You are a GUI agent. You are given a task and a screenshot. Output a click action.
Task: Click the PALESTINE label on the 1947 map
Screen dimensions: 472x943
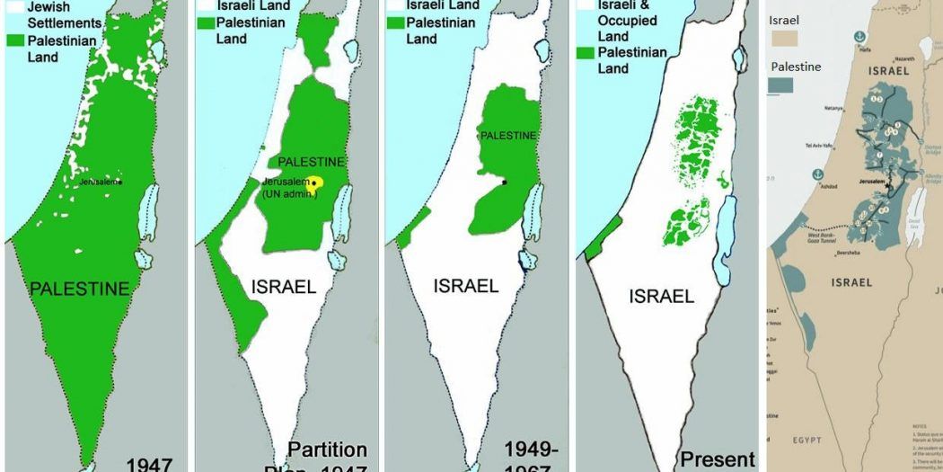tap(79, 289)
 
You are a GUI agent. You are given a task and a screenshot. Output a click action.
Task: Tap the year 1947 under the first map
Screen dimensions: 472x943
tap(148, 464)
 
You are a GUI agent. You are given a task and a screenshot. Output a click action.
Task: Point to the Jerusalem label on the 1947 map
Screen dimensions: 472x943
tap(99, 181)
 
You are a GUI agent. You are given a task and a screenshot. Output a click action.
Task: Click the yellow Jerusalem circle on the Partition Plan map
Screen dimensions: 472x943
tap(316, 183)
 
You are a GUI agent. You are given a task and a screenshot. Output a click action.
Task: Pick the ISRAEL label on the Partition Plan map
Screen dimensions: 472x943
tap(283, 287)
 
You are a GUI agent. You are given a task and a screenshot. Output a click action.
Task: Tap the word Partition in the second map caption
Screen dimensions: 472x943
tap(327, 449)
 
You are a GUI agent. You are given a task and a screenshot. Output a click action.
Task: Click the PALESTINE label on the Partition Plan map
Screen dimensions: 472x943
tap(311, 162)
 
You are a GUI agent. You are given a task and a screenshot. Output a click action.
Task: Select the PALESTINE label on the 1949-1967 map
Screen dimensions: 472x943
tap(508, 135)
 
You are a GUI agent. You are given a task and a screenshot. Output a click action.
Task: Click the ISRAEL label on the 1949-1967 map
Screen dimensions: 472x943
tap(465, 286)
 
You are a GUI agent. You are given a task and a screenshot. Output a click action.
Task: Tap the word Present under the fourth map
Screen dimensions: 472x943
tap(717, 459)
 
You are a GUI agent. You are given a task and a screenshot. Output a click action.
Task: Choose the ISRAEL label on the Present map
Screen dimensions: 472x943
tap(661, 296)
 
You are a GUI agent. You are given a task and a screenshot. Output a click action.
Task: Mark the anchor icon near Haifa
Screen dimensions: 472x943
tap(859, 35)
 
